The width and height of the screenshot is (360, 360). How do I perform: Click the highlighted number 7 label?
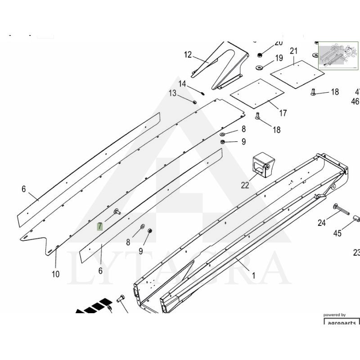pos(100,226)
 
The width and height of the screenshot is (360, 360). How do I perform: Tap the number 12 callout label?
pos(188,55)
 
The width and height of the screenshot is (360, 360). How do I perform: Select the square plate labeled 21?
pos(297,72)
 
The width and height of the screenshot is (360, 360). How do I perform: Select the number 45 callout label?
pos(337,233)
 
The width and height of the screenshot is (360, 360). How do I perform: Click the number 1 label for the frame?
pos(253,276)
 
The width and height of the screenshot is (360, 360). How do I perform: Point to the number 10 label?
pos(55,274)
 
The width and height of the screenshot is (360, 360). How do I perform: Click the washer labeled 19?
pos(260,67)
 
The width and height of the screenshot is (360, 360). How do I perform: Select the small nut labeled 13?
pos(194,102)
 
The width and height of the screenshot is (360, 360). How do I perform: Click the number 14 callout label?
pos(182,84)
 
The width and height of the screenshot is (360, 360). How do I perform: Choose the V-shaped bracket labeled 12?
pos(223,65)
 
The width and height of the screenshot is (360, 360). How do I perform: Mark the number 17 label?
pos(283,113)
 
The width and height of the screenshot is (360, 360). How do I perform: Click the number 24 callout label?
pos(321,223)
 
